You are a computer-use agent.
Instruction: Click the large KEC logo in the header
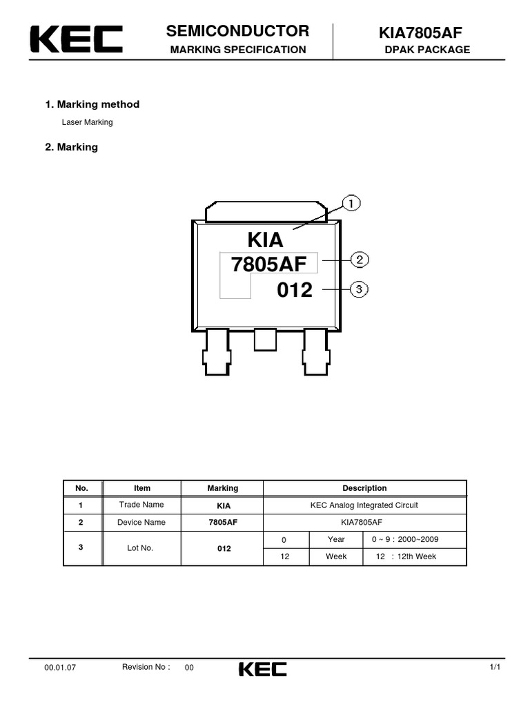(77, 39)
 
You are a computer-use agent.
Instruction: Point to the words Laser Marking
(87, 122)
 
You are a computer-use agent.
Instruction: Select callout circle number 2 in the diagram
(360, 260)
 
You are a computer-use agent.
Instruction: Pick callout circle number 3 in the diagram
(360, 289)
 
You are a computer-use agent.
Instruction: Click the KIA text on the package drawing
(266, 240)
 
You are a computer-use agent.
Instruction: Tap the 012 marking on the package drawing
(295, 291)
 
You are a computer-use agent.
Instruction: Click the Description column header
(364, 488)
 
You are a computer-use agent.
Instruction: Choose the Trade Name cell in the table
(141, 505)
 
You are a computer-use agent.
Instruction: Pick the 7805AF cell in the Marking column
(222, 523)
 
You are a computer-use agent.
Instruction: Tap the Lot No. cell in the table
(141, 548)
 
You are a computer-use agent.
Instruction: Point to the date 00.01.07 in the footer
(60, 668)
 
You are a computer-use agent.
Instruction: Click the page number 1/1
(495, 667)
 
